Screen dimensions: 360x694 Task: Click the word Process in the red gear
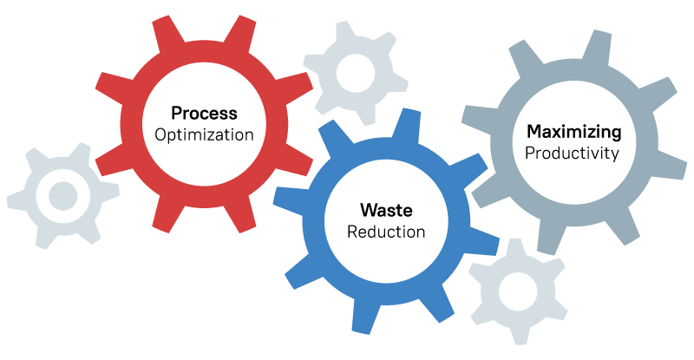(204, 114)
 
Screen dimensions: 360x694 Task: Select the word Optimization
(204, 135)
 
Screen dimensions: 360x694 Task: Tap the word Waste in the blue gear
(386, 210)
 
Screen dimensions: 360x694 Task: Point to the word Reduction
(386, 232)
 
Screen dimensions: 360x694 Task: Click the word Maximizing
(574, 132)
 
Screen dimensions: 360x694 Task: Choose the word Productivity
(572, 154)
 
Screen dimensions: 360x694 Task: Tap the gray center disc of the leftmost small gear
(62, 196)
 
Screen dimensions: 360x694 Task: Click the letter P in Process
(176, 114)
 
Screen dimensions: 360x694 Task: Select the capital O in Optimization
(160, 135)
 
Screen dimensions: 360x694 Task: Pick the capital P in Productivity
(529, 154)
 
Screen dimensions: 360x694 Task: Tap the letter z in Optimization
(219, 135)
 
